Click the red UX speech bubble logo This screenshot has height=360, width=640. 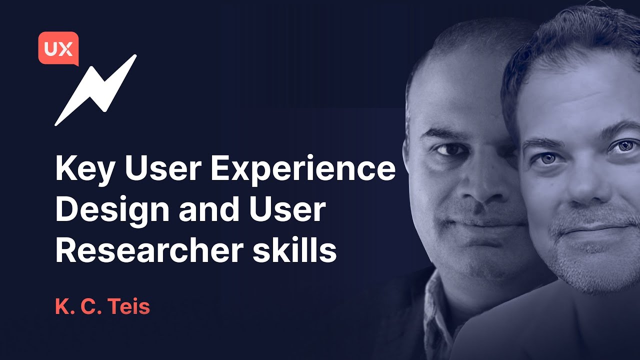pyautogui.click(x=58, y=48)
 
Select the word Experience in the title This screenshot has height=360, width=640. pyautogui.click(x=303, y=169)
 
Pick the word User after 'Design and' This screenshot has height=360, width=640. pyautogui.click(x=289, y=209)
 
